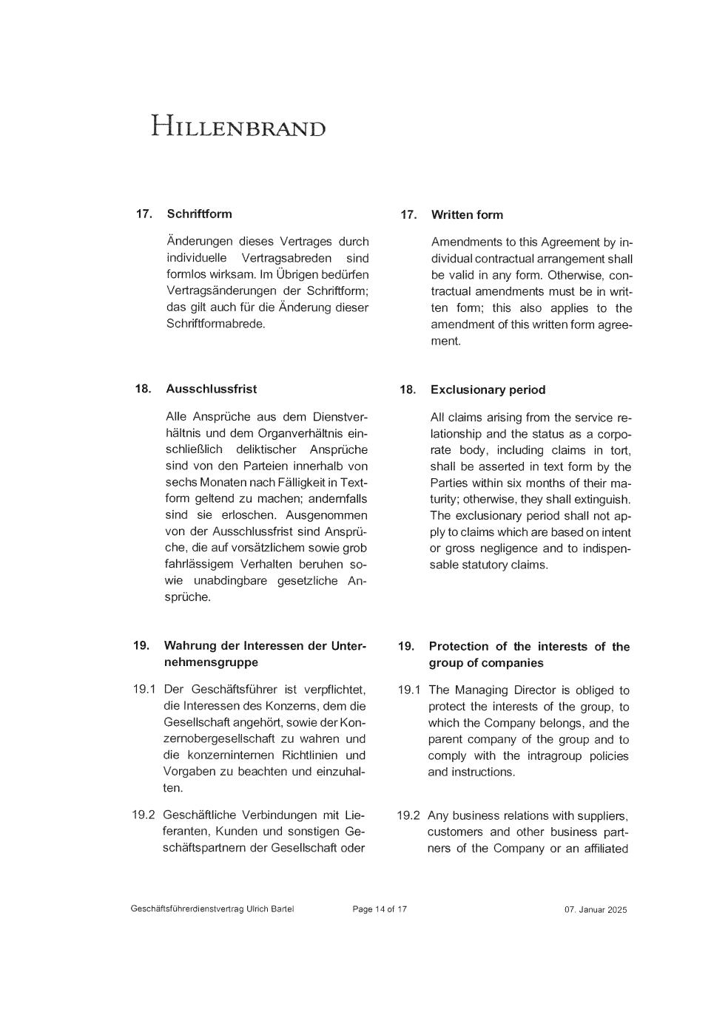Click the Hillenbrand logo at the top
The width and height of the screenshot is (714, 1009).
pyautogui.click(x=238, y=126)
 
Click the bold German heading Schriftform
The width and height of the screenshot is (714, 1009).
pyautogui.click(x=199, y=214)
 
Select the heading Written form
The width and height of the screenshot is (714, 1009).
pyautogui.click(x=467, y=214)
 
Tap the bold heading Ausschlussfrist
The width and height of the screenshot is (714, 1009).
pyautogui.click(x=211, y=389)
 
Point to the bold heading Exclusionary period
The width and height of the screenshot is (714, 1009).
pyautogui.click(x=488, y=390)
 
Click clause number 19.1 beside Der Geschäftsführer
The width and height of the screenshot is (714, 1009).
pyautogui.click(x=144, y=690)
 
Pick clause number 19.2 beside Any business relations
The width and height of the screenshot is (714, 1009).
pyautogui.click(x=408, y=815)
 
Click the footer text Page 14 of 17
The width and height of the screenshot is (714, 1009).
pyautogui.click(x=380, y=909)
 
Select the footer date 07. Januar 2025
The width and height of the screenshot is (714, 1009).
pyautogui.click(x=595, y=910)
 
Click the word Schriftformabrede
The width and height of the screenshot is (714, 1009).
pyautogui.click(x=215, y=324)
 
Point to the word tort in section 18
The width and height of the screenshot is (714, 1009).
pyautogui.click(x=620, y=450)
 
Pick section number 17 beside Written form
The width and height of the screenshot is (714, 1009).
pyautogui.click(x=408, y=214)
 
